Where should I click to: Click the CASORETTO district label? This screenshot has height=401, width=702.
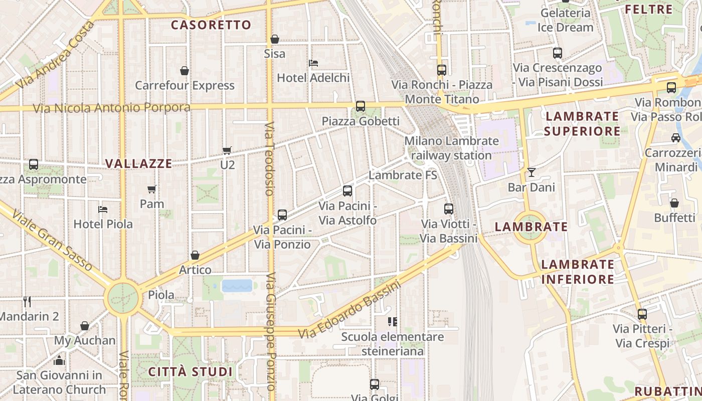pos(211,25)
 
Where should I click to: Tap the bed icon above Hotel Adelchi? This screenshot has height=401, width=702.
pos(313,63)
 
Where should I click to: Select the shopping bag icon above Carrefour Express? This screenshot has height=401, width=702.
pos(185,71)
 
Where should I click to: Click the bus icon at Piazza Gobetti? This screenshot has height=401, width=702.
pos(360,106)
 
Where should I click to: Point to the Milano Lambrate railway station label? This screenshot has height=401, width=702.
pos(451,148)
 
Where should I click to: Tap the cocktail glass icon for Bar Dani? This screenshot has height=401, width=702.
pos(531,172)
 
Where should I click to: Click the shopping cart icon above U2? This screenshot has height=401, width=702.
pos(227,150)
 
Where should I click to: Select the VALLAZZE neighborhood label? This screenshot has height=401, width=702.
pos(139,164)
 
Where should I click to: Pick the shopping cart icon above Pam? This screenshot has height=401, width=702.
pos(152,189)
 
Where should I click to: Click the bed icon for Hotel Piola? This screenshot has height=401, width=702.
pos(103,209)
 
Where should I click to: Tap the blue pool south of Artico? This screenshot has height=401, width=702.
pos(237,286)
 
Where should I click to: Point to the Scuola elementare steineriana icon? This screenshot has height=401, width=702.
pos(392,321)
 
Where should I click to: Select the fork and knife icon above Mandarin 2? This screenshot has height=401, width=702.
pos(27,301)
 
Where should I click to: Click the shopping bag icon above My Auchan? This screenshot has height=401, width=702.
pos(85,326)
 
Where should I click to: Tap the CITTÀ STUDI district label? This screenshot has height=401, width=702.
pos(191,372)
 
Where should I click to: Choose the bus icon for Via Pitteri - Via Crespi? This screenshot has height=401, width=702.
pos(642,314)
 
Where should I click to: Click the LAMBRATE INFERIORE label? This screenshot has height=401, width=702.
pos(578,272)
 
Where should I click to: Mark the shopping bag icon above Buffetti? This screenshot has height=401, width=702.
pos(674,203)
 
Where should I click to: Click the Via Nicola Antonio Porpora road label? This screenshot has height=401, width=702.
pos(112,108)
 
